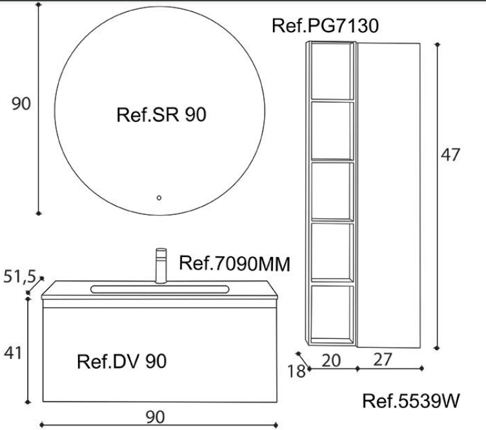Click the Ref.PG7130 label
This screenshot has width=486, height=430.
point(325,25)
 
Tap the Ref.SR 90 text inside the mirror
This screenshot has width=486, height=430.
point(161,115)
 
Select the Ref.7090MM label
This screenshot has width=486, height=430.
point(235,263)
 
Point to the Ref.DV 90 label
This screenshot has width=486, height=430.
point(122,361)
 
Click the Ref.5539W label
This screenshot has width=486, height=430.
point(411,401)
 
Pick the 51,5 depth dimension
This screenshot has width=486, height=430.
point(20,276)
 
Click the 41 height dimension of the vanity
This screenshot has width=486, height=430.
point(13,353)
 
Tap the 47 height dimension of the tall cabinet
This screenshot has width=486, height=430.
point(451,154)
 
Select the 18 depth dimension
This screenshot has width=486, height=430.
point(296,371)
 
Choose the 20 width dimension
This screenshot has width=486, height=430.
point(331,360)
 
